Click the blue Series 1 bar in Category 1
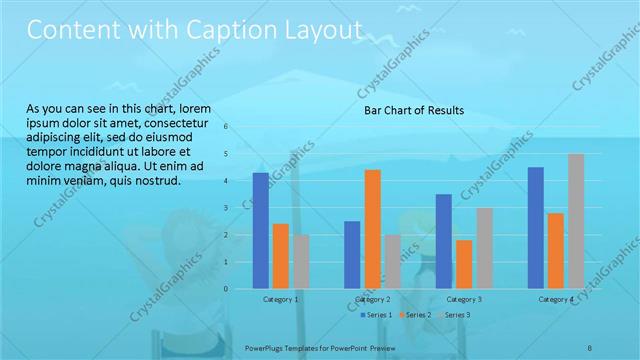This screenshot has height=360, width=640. (x=261, y=230)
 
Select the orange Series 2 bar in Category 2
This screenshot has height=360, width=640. (x=372, y=229)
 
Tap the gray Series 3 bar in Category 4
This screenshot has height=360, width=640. (x=576, y=221)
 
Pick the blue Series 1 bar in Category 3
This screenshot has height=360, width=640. (x=443, y=241)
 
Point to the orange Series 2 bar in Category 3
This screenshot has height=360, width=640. (x=463, y=264)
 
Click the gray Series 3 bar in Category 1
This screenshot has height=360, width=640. (x=301, y=261)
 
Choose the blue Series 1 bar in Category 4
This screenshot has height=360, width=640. (x=535, y=227)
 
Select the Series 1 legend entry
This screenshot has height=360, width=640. (x=376, y=315)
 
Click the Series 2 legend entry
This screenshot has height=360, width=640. (x=416, y=315)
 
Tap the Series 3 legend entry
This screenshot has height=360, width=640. (x=456, y=315)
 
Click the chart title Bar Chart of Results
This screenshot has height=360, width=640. (x=413, y=111)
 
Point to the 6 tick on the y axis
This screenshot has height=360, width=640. (x=227, y=127)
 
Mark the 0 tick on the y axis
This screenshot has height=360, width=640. (x=227, y=289)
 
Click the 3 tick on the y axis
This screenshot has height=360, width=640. (x=227, y=208)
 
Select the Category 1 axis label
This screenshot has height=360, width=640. (x=281, y=299)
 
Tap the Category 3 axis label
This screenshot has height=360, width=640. (x=463, y=299)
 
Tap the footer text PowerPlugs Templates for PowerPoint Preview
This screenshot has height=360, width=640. (x=319, y=347)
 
